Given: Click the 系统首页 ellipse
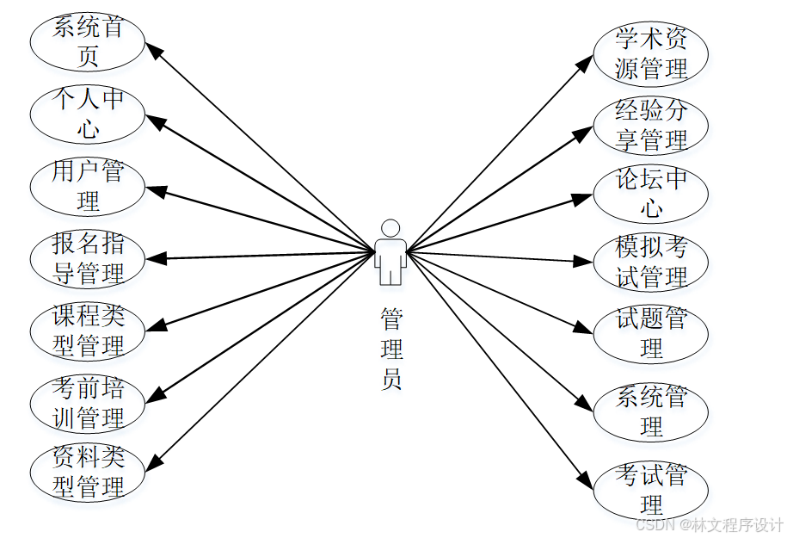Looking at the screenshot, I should coord(87,42).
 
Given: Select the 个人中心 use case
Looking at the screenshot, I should coord(87,114).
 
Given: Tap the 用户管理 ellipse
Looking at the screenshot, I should coord(87,187).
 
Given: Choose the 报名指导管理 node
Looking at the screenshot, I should coord(87,259).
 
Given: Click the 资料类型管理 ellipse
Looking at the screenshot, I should coord(87,473).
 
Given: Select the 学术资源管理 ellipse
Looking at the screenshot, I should coord(651,53).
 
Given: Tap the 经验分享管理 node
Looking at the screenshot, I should coord(651,125).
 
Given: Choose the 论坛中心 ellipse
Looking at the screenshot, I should coord(651,194).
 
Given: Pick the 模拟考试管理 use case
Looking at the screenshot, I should coord(651,263).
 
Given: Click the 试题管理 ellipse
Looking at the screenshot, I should coord(651,333).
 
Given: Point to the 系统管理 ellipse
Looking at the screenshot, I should coord(651,411).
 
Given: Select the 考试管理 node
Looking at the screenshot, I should coord(651,489).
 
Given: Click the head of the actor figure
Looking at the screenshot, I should coord(390,228).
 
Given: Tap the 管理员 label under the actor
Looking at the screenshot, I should coord(391,349).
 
